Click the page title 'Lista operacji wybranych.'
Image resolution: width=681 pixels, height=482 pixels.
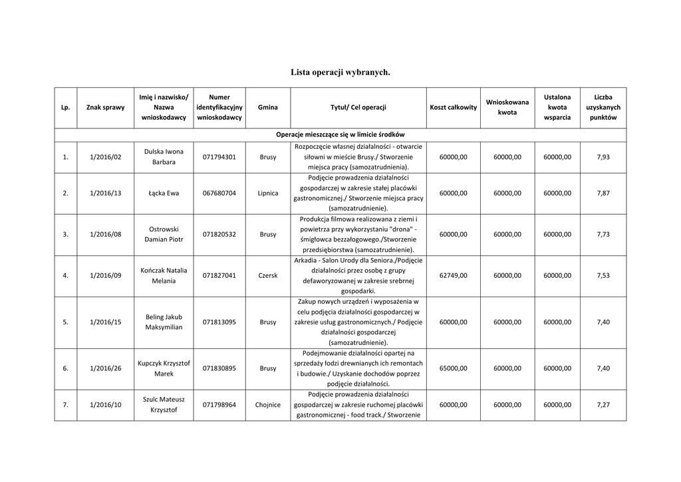pos(340,71)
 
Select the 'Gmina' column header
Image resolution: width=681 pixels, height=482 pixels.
pos(267,107)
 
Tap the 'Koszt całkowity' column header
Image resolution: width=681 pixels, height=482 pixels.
pos(453,107)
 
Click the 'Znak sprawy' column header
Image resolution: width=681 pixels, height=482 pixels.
pos(105,107)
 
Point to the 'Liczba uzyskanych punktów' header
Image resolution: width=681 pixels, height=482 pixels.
pos(603,107)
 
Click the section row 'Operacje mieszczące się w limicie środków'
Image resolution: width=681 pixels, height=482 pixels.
pos(340,134)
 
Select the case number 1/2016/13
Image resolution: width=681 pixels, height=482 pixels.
pos(105,193)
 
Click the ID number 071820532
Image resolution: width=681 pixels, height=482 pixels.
pos(219,234)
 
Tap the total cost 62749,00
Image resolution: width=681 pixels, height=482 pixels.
pos(453,275)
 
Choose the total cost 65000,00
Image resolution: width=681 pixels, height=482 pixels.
pos(453,368)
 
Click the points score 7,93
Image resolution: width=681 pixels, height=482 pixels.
pos(603,157)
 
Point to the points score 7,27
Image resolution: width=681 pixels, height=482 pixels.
pos(603,404)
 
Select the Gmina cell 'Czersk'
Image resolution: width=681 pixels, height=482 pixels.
pos(267,275)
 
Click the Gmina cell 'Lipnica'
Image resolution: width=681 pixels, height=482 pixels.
pos(267,193)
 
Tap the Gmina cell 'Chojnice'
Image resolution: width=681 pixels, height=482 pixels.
pos(267,404)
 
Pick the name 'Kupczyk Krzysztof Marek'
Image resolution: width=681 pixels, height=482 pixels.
pos(164,368)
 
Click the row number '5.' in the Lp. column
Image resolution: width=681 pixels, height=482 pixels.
pos(65,322)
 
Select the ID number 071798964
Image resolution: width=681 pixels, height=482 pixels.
pos(219,404)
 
